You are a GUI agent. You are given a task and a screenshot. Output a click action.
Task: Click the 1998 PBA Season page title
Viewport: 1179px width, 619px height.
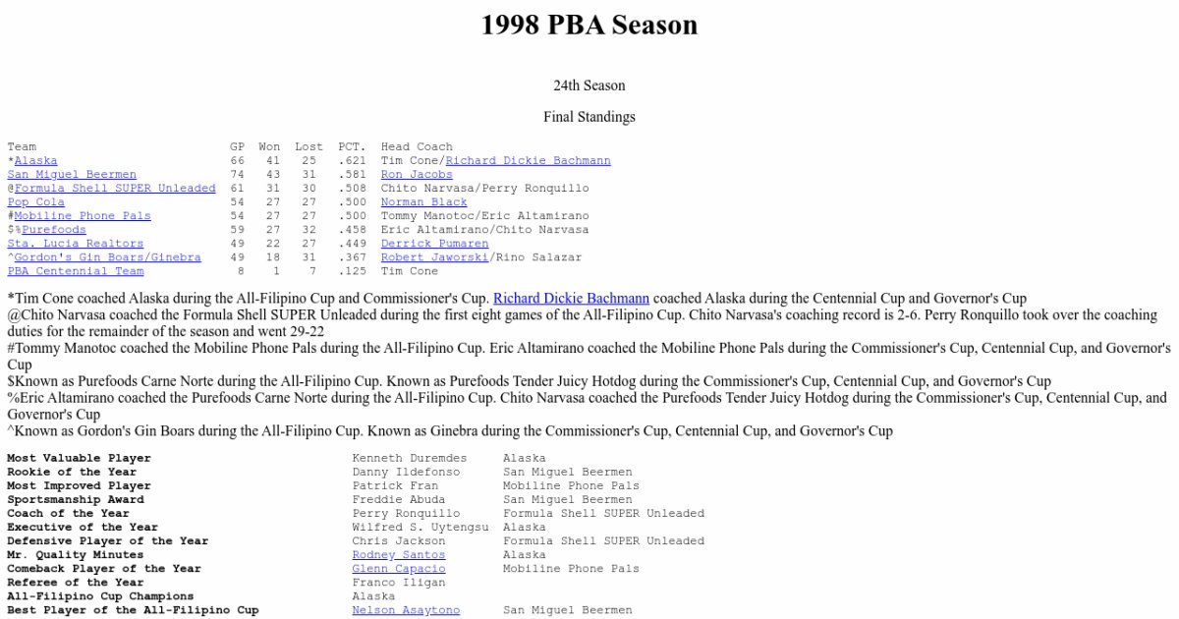pyautogui.click(x=589, y=25)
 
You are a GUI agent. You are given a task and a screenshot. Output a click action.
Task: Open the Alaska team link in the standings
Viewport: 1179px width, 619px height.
pyautogui.click(x=36, y=161)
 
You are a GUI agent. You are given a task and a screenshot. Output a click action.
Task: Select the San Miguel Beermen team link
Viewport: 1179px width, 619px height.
pyautogui.click(x=72, y=175)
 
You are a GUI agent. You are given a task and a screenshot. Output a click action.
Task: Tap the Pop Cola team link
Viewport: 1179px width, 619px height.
pyautogui.click(x=36, y=202)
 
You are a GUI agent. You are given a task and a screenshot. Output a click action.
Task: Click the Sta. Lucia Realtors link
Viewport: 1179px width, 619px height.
pyautogui.click(x=76, y=244)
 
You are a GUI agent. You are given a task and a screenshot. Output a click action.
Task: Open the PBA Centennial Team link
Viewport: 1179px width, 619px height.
pyautogui.click(x=76, y=271)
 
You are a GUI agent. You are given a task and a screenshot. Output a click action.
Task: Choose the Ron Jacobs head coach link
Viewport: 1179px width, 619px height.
pyautogui.click(x=417, y=175)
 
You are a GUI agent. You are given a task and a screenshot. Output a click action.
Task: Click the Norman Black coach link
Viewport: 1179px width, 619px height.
pyautogui.click(x=423, y=202)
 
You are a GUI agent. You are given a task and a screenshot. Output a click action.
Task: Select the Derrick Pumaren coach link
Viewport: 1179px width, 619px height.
pyautogui.click(x=434, y=244)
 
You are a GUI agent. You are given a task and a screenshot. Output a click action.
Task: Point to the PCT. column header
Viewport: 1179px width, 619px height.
pyautogui.click(x=352, y=147)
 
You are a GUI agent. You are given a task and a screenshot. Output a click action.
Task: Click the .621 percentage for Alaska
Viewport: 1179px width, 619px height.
pyautogui.click(x=352, y=161)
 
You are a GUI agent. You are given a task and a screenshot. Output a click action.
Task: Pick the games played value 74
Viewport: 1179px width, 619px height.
pyautogui.click(x=238, y=175)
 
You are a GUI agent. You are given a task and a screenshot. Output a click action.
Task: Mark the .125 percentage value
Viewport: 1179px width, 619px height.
pyautogui.click(x=352, y=271)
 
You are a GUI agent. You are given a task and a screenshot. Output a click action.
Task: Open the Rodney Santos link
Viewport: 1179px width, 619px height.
pyautogui.click(x=399, y=555)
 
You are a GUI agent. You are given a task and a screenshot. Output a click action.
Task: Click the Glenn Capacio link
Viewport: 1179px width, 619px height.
pyautogui.click(x=399, y=569)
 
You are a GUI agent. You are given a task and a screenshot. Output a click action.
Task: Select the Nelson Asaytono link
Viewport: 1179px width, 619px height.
pyautogui.click(x=406, y=610)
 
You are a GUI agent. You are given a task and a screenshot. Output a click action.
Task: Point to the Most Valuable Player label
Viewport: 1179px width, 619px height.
pyautogui.click(x=80, y=459)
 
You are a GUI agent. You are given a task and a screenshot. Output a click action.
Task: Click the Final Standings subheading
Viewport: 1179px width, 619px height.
pyautogui.click(x=589, y=117)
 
